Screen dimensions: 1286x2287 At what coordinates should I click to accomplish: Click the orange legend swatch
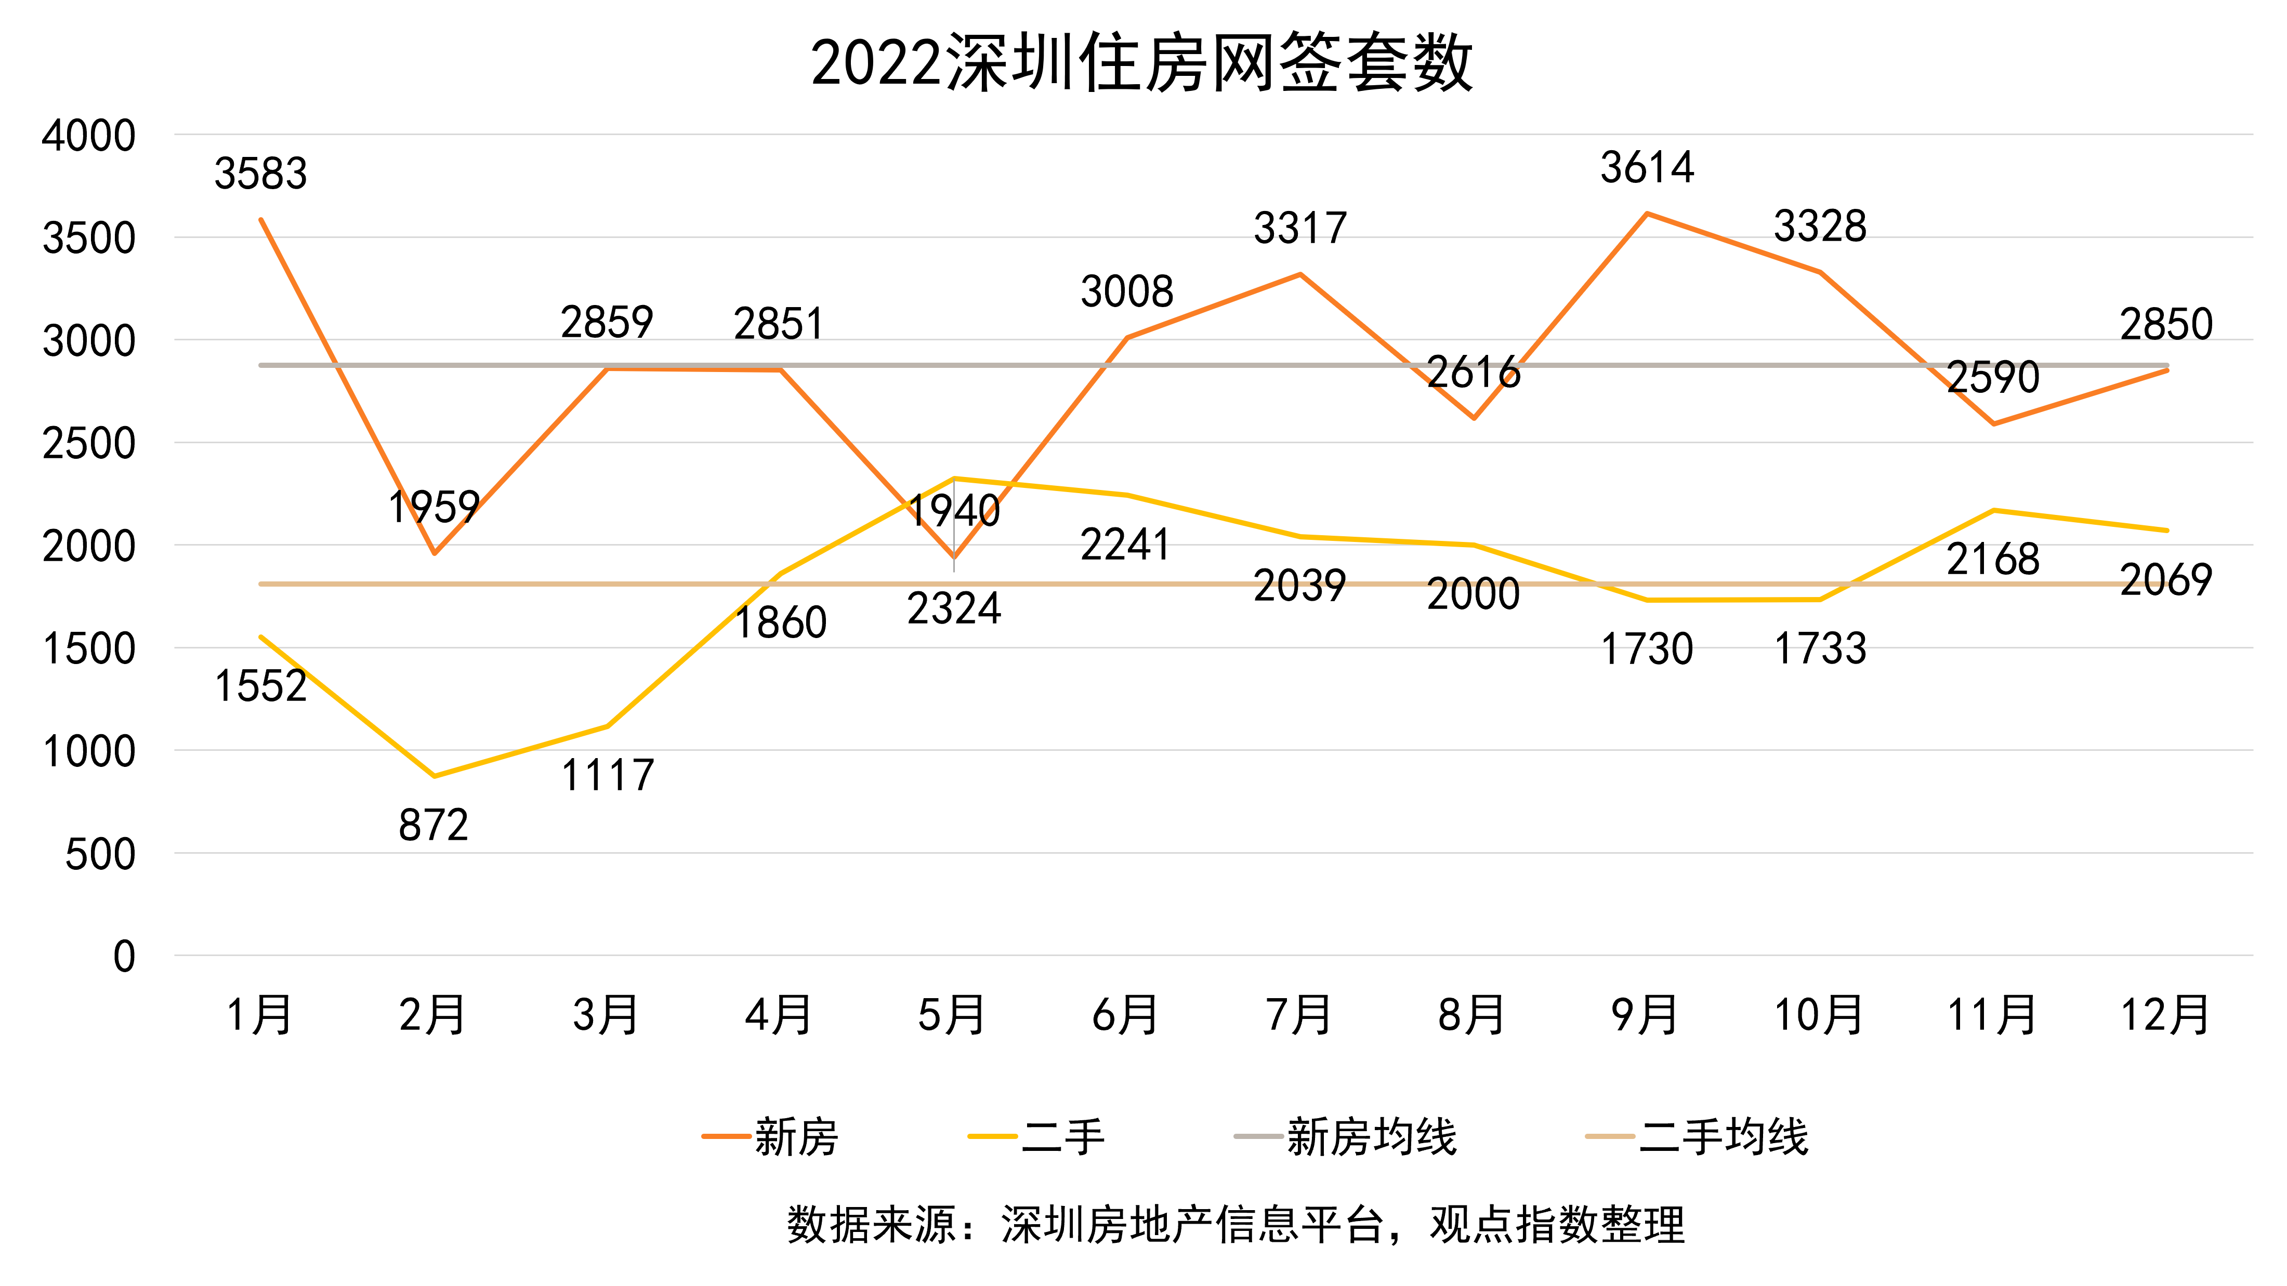(x=726, y=1136)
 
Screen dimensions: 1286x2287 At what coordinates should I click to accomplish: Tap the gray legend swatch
(x=1258, y=1136)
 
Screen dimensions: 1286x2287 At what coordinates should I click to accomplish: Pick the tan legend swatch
(x=1610, y=1136)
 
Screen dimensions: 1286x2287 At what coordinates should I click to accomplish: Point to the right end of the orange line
(x=2167, y=370)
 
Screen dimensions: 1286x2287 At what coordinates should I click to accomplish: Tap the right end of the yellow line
(x=2167, y=531)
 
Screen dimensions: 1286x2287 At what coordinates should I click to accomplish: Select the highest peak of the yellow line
(x=954, y=479)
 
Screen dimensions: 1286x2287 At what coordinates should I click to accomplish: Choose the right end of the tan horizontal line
(x=2167, y=584)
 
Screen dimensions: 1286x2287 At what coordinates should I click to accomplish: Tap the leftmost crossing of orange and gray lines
(x=336, y=365)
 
